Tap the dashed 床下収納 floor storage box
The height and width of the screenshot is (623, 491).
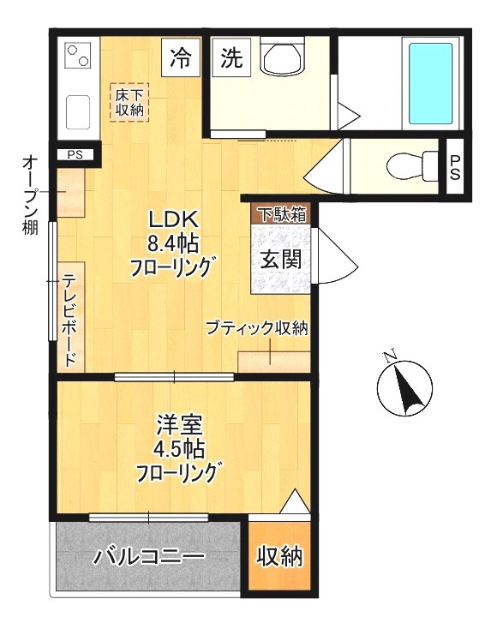[129, 102]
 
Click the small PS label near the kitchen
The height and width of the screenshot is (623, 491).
[75, 155]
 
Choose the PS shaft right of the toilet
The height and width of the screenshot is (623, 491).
[455, 168]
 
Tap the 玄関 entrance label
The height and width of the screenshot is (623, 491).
[280, 257]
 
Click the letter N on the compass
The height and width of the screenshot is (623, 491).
[391, 356]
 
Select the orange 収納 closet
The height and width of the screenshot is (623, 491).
[280, 557]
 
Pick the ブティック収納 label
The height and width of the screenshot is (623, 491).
[256, 328]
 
